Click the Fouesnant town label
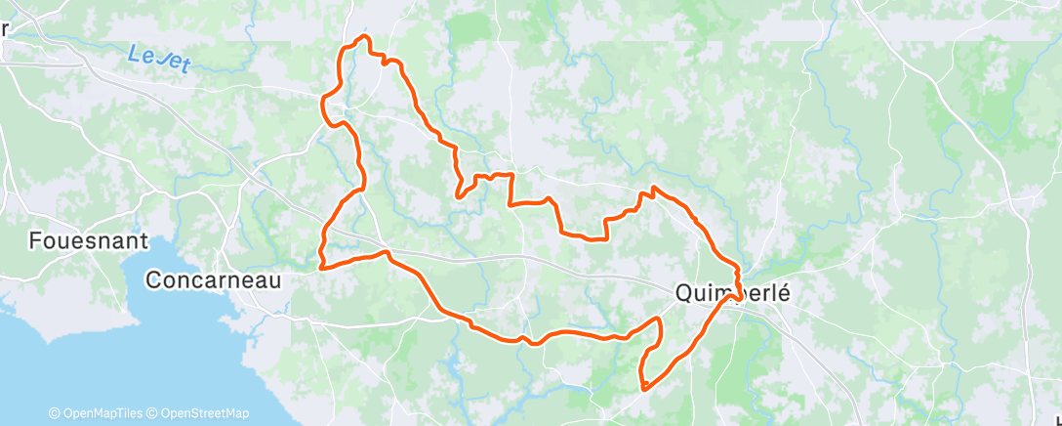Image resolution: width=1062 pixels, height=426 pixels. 88,240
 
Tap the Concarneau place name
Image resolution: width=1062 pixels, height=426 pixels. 213,280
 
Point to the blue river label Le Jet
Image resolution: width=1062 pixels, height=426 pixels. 159,58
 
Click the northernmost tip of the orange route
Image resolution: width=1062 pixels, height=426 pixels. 365,36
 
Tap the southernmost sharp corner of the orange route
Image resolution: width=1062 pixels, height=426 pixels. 644,389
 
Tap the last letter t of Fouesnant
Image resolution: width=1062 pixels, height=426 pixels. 143,240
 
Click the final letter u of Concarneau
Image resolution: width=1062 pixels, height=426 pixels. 275,280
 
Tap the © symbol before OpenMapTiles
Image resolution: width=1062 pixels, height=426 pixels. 54,413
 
